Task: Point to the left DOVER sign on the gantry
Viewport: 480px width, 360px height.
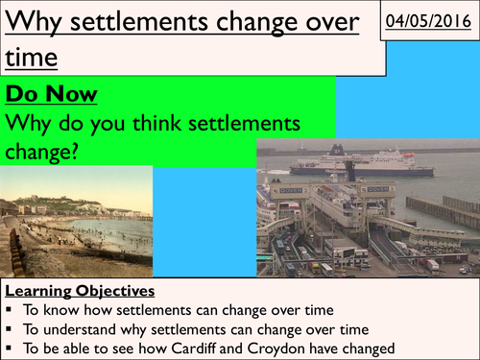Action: tap(292, 191)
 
